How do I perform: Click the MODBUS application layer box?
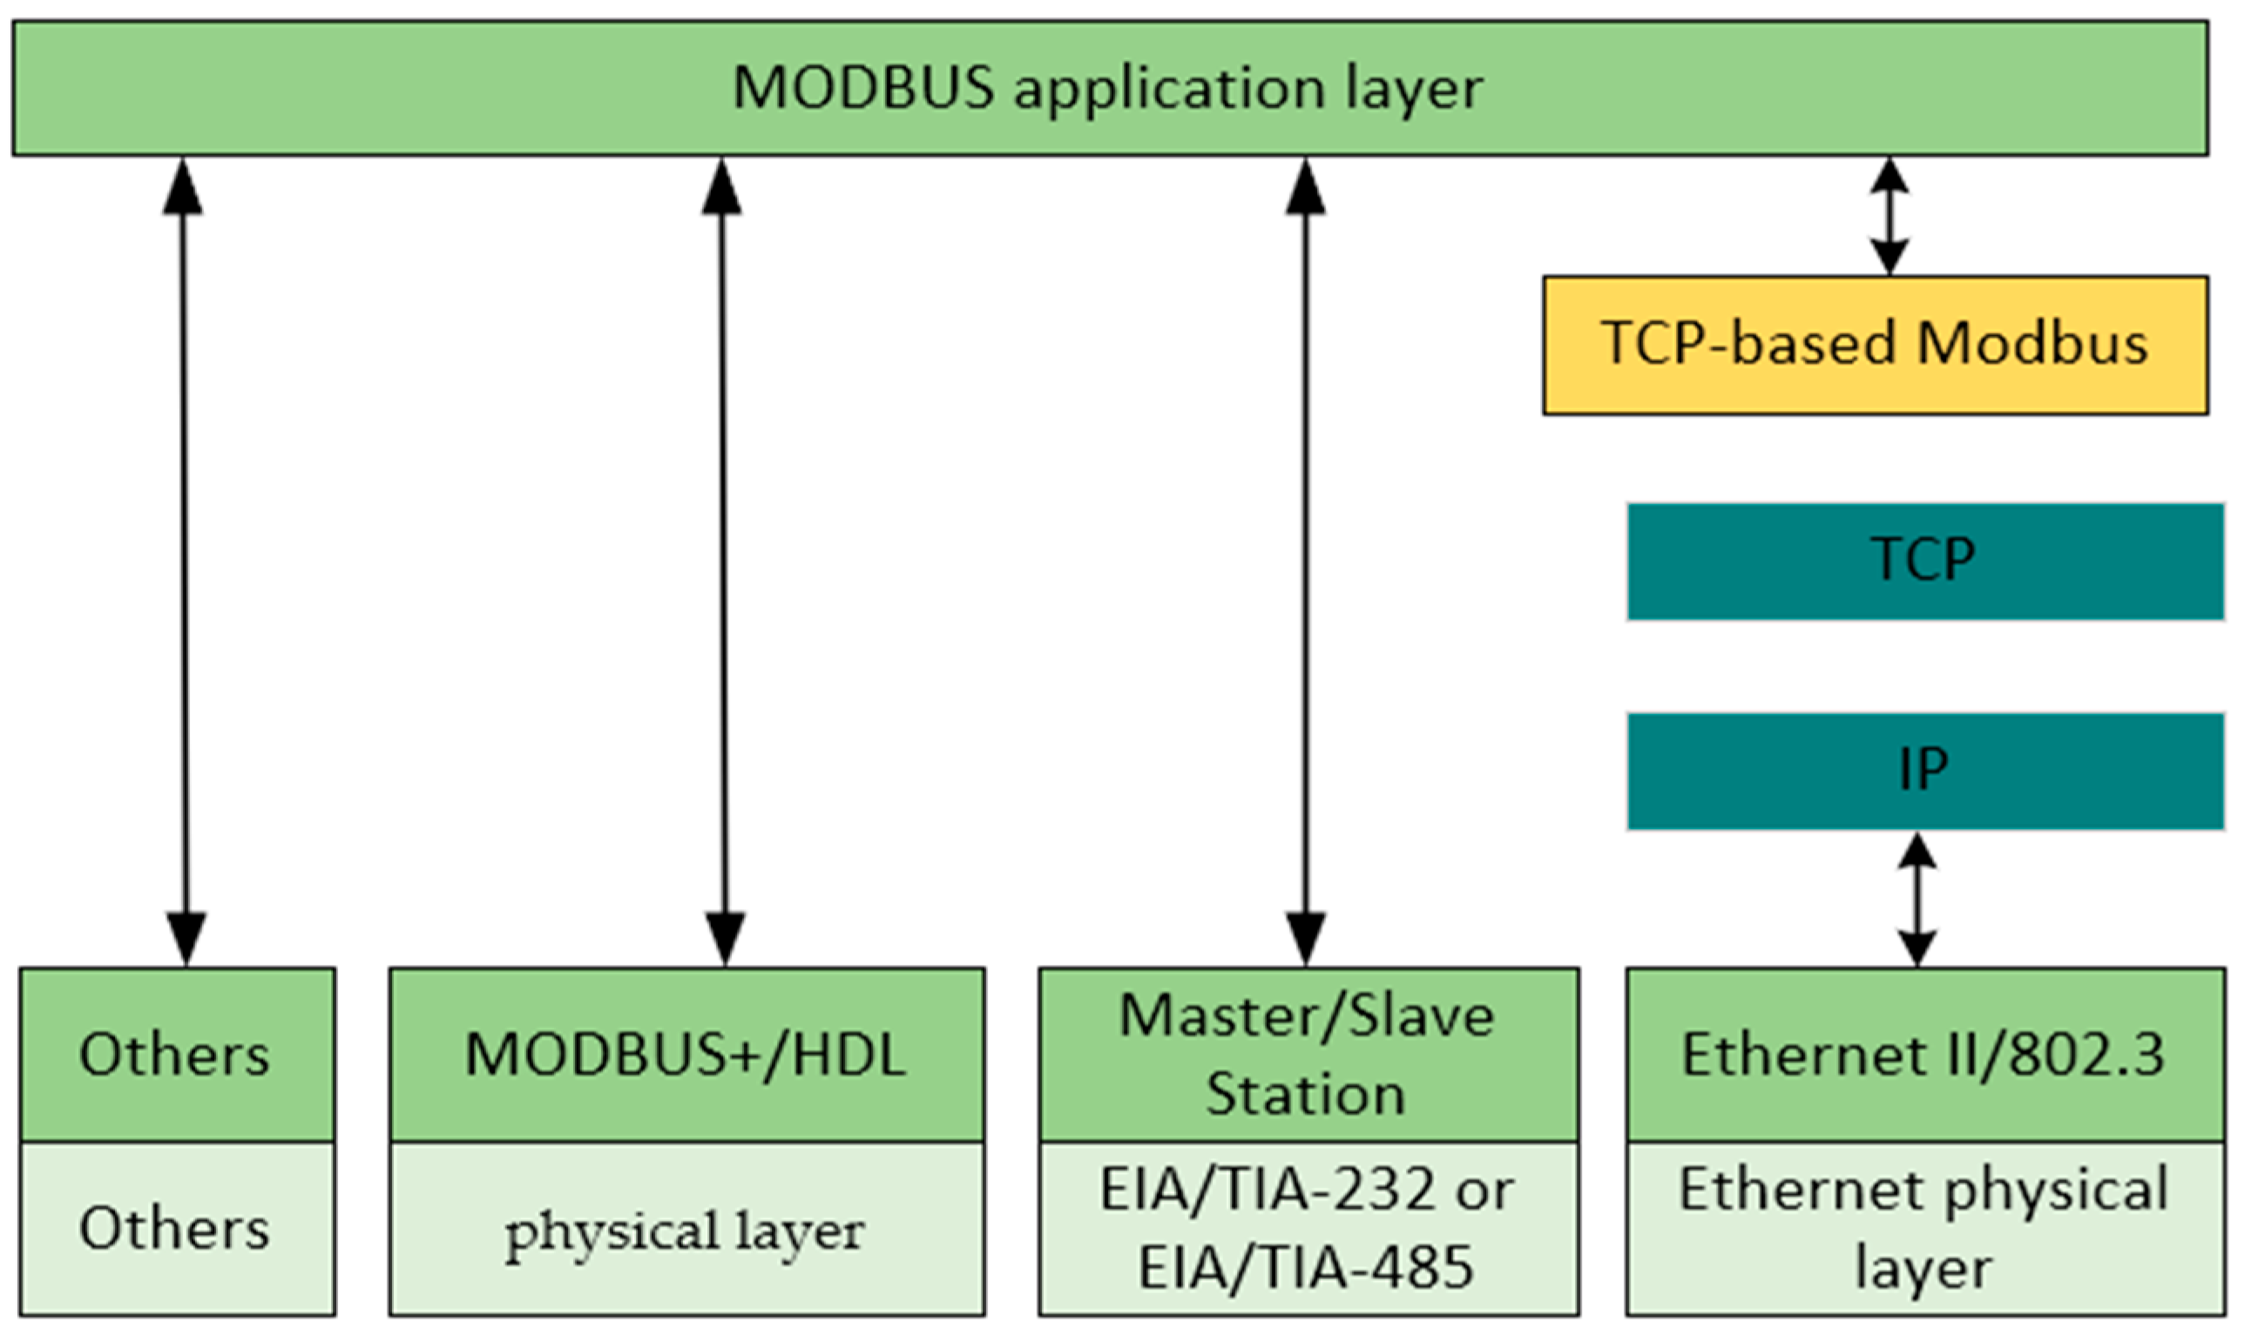[x=1109, y=88]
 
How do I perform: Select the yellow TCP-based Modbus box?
[x=1875, y=346]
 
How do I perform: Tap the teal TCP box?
[x=1925, y=563]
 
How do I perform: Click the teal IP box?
[x=1925, y=771]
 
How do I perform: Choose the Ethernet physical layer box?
[x=1925, y=1229]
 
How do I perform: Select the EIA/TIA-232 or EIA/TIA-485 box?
[x=1308, y=1229]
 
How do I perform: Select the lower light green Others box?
[x=176, y=1229]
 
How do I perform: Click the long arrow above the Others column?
[x=185, y=563]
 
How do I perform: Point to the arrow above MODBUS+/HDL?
[x=723, y=563]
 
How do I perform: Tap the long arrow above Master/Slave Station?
[x=1306, y=563]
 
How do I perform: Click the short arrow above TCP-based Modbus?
[x=1889, y=216]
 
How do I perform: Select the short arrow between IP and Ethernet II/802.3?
[x=1917, y=900]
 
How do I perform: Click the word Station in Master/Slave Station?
[x=1306, y=1095]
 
